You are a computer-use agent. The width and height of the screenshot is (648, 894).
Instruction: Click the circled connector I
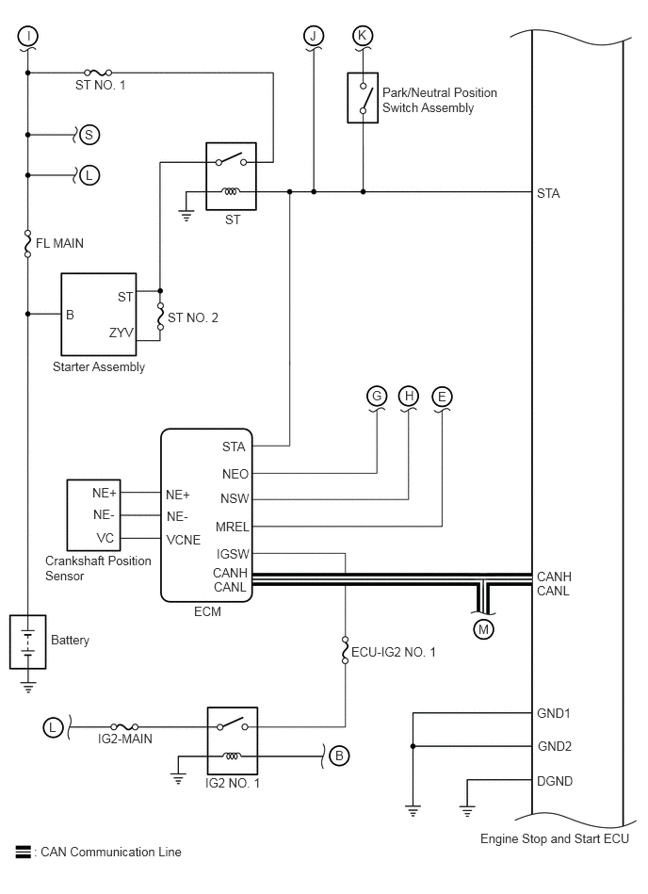point(27,37)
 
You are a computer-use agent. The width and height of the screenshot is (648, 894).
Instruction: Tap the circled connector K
point(363,36)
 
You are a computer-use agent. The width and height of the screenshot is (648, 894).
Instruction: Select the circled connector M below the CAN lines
point(483,629)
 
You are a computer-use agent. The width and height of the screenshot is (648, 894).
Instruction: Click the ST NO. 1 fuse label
point(100,85)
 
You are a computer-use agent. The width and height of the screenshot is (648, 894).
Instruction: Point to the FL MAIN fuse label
point(60,243)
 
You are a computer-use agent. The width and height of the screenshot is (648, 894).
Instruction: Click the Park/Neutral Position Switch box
point(363,97)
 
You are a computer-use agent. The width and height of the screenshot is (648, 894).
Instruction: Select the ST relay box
point(231,176)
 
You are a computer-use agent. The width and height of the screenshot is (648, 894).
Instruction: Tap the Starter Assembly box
point(99,314)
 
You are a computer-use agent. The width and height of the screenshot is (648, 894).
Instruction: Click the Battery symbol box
point(28,642)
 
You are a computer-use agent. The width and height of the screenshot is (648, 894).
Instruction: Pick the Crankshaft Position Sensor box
point(93,515)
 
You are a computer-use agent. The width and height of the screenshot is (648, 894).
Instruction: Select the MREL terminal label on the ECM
point(232,527)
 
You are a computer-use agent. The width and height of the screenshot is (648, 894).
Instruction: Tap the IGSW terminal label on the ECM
point(233,554)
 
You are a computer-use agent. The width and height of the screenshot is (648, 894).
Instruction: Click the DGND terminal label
point(555,781)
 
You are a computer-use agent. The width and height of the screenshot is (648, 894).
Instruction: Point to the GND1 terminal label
point(554,713)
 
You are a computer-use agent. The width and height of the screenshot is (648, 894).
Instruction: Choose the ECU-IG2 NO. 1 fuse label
point(394,652)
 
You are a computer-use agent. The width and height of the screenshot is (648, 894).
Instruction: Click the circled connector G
point(377,396)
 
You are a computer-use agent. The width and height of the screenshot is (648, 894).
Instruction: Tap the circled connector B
point(339,756)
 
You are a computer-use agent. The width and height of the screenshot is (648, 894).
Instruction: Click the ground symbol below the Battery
point(28,687)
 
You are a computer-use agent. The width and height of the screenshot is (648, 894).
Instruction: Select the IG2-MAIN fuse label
point(125,739)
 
